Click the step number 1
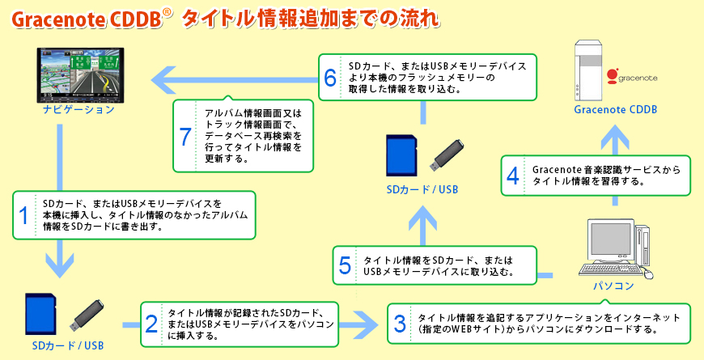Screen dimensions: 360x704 pyautogui.click(x=24, y=215)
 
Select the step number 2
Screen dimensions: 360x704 pyautogui.click(x=151, y=324)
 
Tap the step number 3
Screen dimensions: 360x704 pyautogui.click(x=399, y=324)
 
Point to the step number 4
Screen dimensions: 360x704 pyautogui.click(x=512, y=176)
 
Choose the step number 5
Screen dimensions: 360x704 pyautogui.click(x=345, y=265)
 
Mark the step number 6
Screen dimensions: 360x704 pyautogui.click(x=329, y=77)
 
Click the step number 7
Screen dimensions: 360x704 pyautogui.click(x=185, y=137)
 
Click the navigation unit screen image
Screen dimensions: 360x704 pyautogui.click(x=82, y=74)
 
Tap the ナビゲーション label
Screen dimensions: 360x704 pyautogui.click(x=79, y=108)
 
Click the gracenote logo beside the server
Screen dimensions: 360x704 pyautogui.click(x=632, y=76)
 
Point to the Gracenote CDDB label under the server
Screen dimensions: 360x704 pyautogui.click(x=615, y=109)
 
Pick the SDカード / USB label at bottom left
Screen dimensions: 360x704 pyautogui.click(x=68, y=346)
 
